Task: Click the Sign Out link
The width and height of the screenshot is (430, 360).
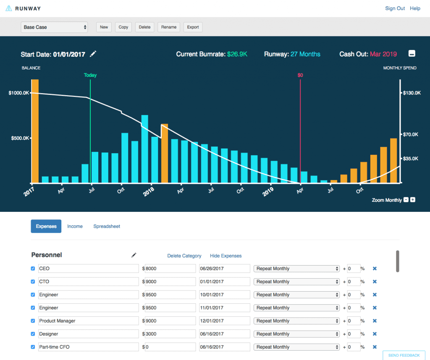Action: point(395,8)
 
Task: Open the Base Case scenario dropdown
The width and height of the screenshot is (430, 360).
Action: point(55,27)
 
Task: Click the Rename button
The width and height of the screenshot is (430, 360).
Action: point(169,27)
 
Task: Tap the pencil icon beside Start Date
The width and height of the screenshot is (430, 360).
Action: point(93,54)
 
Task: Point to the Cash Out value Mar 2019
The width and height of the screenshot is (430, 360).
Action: point(383,54)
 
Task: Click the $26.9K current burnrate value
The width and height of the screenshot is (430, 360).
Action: point(237,54)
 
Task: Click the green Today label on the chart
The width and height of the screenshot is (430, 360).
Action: point(90,75)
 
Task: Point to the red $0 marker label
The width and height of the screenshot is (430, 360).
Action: point(300,75)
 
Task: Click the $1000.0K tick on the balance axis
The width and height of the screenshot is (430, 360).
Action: point(19,93)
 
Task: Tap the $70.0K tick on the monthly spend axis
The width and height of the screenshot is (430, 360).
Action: point(412,134)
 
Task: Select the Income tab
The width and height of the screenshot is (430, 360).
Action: point(75,226)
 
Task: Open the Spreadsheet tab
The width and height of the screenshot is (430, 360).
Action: point(107,226)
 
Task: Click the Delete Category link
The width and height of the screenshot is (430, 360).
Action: point(184,256)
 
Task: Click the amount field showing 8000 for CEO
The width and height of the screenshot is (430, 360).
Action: point(170,269)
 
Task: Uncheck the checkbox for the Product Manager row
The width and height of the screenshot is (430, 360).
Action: point(33,321)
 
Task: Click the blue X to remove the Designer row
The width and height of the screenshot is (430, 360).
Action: point(375,334)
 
